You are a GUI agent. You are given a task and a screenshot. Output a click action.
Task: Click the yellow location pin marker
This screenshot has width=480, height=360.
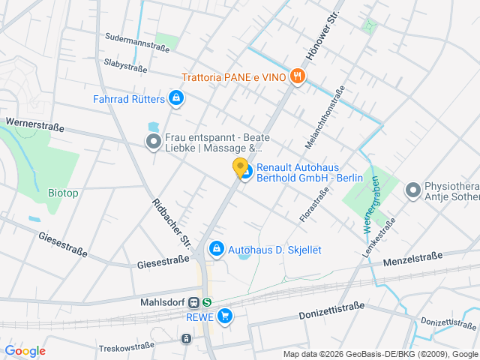[x=240, y=168]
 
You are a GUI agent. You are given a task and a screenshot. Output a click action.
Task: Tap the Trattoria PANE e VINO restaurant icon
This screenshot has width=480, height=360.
[x=298, y=76]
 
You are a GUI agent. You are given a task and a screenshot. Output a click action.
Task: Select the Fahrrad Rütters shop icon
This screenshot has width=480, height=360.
[x=175, y=97]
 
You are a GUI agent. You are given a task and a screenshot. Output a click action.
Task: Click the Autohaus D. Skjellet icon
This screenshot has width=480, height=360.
[x=217, y=247]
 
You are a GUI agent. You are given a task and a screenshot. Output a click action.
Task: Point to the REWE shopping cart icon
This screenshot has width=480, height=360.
[x=224, y=316]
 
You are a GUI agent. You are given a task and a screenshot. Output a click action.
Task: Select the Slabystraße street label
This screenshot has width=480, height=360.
[x=125, y=67]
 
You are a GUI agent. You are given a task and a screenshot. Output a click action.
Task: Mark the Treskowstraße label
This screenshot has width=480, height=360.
[x=126, y=347]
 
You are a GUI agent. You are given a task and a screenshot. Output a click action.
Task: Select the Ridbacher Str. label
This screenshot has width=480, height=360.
[x=172, y=223]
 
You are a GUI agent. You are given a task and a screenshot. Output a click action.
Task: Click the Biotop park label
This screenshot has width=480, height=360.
[x=63, y=193]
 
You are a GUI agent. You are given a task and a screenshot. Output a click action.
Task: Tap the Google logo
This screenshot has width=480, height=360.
[x=25, y=350]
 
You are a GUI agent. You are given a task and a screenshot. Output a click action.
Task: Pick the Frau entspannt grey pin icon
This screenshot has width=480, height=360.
[x=153, y=141]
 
